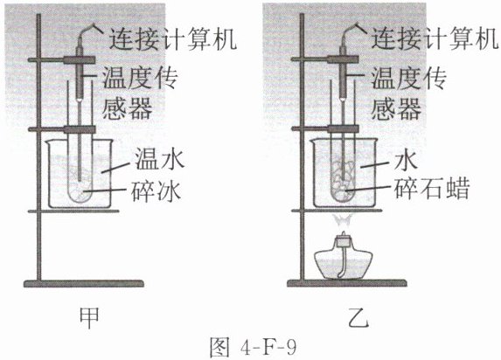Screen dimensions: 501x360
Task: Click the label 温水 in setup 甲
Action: tap(159, 159)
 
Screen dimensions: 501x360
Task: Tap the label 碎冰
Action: tap(157, 191)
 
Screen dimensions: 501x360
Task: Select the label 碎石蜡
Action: tap(432, 188)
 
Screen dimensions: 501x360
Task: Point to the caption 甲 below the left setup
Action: tap(89, 318)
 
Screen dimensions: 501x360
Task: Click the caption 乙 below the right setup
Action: tap(358, 318)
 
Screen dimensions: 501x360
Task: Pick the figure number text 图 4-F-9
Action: tap(253, 347)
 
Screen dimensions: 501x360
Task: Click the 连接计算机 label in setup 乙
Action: tap(435, 39)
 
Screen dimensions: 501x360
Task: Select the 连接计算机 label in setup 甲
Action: tap(173, 39)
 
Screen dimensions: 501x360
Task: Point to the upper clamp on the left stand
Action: tap(62, 60)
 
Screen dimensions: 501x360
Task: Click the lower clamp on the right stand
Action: tap(325, 129)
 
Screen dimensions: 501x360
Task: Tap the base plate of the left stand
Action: tap(84, 283)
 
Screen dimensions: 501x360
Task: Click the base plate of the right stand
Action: tap(347, 283)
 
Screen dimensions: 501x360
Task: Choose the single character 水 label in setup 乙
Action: tap(406, 161)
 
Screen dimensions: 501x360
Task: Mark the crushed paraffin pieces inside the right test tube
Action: tap(343, 182)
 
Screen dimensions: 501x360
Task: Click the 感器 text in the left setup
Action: tap(127, 108)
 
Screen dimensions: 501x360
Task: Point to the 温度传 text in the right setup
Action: tap(408, 79)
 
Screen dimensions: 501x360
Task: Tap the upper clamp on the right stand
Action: tap(325, 59)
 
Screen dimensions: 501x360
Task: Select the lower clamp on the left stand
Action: tap(62, 129)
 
